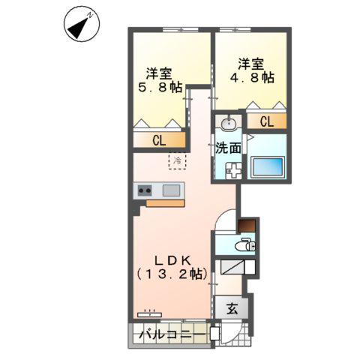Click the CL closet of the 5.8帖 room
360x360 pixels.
160,139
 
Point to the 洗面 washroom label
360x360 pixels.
229,148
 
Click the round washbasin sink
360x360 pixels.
229,123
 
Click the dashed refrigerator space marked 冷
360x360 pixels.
178,160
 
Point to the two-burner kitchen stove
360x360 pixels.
145,190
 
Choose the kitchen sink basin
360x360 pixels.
172,190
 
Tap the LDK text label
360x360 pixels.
172,260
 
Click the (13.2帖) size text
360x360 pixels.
172,275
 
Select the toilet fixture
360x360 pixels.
244,245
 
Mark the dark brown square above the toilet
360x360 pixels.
246,224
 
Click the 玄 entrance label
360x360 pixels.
232,307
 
